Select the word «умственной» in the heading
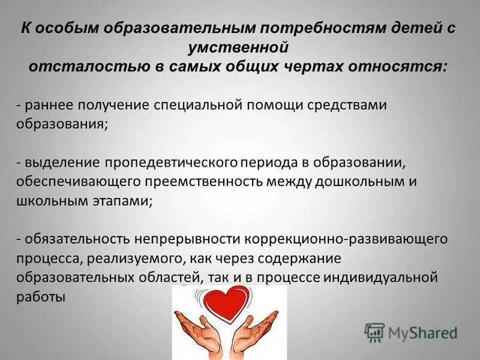pyautogui.click(x=239, y=47)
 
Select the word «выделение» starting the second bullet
pyautogui.click(x=62, y=163)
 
